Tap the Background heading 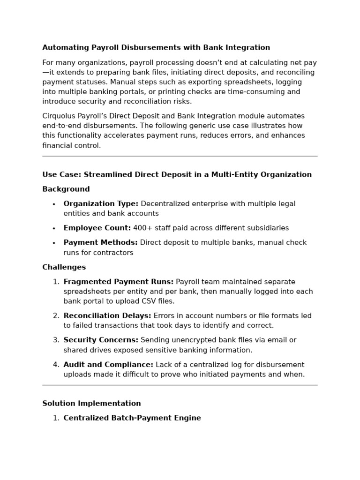click(66, 189)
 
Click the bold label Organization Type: click(101, 204)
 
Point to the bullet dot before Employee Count click(54, 229)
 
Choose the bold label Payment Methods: click(100, 243)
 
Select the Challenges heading click(64, 267)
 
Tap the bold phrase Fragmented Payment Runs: click(118, 282)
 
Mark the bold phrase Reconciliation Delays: click(107, 316)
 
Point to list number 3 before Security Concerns click(56, 340)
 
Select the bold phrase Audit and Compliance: click(108, 365)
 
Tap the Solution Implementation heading click(91, 404)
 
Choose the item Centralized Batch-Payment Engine click(132, 418)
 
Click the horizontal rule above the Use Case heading click(180, 156)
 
